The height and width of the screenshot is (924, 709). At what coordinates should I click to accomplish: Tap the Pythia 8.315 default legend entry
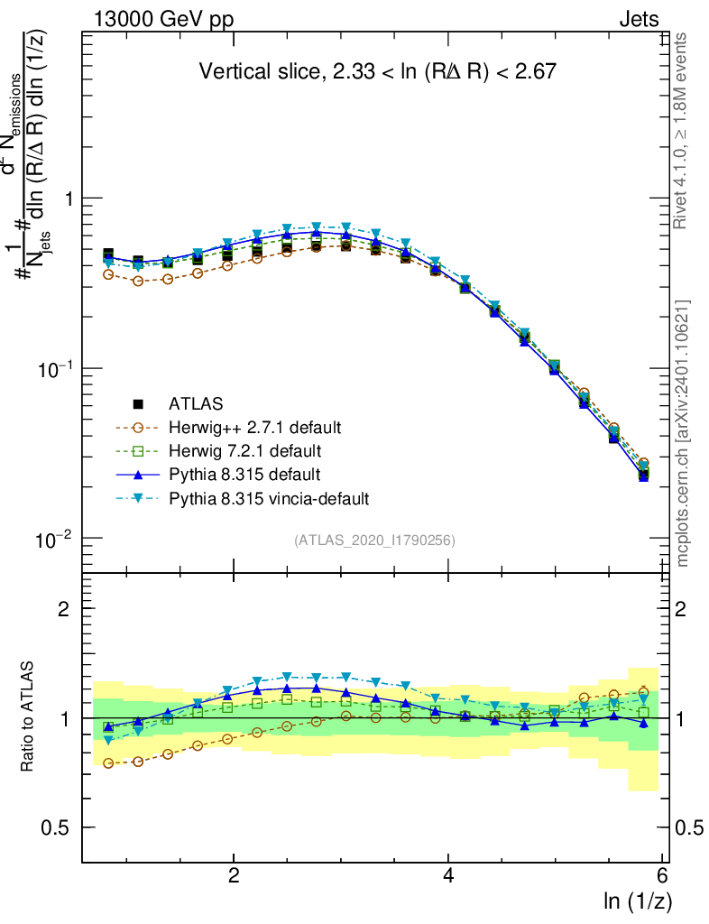(244, 474)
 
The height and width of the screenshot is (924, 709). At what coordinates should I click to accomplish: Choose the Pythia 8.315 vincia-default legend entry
(268, 497)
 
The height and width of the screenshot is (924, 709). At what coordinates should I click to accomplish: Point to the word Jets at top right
(638, 20)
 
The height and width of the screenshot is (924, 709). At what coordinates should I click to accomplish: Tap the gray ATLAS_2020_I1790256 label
(373, 541)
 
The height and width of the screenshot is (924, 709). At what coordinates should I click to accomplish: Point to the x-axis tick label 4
(447, 875)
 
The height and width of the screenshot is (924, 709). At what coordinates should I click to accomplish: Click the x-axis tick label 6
(661, 875)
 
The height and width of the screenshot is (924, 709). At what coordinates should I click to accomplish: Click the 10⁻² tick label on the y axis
(57, 540)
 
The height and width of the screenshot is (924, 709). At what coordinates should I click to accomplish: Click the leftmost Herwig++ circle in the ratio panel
(109, 763)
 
